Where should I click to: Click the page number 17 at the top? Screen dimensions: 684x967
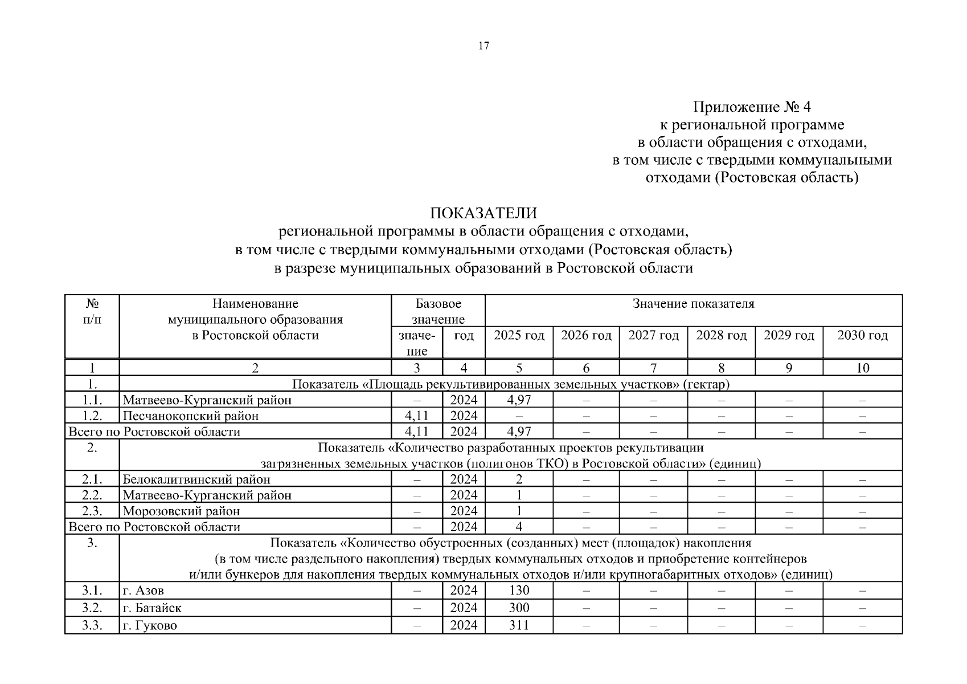pyautogui.click(x=484, y=46)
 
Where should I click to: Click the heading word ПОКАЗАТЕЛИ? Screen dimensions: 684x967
pyautogui.click(x=483, y=213)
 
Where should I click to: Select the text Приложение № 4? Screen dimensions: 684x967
pyautogui.click(x=752, y=107)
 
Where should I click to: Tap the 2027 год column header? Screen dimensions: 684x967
pyautogui.click(x=653, y=335)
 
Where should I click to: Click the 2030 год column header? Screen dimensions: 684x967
pyautogui.click(x=862, y=335)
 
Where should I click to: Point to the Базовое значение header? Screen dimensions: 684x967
pyautogui.click(x=438, y=311)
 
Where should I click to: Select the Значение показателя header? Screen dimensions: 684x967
pyautogui.click(x=693, y=304)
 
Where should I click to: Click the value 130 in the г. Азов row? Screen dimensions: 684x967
pyautogui.click(x=519, y=591)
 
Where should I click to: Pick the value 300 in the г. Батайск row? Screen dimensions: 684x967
pyautogui.click(x=519, y=608)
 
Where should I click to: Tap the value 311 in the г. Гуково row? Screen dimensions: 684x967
pyautogui.click(x=519, y=625)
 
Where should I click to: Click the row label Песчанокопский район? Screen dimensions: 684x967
pyautogui.click(x=191, y=416)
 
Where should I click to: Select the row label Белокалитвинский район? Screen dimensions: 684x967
pyautogui.click(x=196, y=479)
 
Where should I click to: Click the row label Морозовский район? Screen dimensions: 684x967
pyautogui.click(x=181, y=511)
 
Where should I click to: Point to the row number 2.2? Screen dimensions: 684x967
pyautogui.click(x=92, y=495)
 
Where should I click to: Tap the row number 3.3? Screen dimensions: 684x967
pyautogui.click(x=92, y=625)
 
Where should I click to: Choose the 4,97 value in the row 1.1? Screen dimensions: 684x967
pyautogui.click(x=519, y=400)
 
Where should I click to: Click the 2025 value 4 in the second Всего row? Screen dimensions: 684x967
pyautogui.click(x=519, y=527)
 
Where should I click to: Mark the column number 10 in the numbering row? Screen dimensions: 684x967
pyautogui.click(x=862, y=368)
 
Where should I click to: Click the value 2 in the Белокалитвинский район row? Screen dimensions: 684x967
pyautogui.click(x=519, y=479)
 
